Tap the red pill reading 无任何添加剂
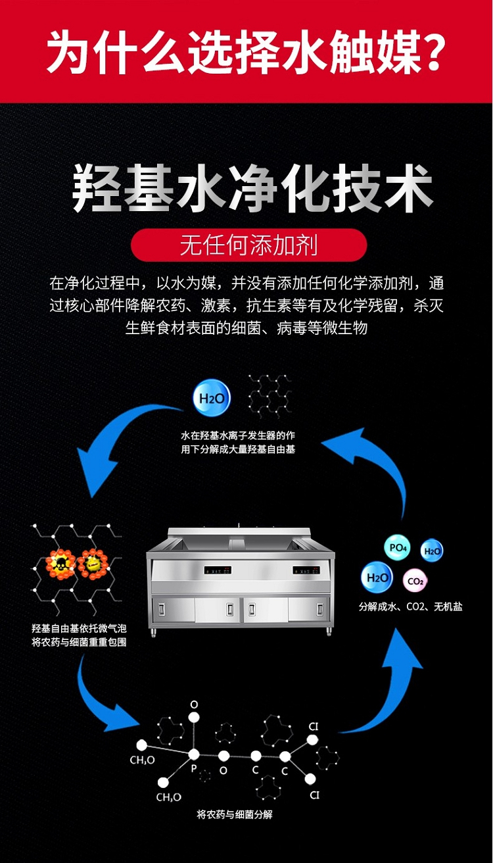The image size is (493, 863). pos(249,245)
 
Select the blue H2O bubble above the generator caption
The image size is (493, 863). pos(211,398)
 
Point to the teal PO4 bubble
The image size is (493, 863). pos(398,547)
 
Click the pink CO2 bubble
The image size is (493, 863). pos(415,580)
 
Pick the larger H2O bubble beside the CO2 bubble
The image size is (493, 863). pos(377,578)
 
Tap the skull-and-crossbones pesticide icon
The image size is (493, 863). pos(60,564)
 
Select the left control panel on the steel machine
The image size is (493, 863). pos(218,570)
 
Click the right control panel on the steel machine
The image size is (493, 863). pos(306,570)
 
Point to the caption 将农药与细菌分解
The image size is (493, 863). pos(235,814)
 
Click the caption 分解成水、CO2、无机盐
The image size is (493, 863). pos(410,606)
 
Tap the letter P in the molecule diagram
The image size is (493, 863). pos(194,768)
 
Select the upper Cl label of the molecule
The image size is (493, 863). pos(314,727)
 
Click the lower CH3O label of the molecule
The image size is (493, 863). pos(169,797)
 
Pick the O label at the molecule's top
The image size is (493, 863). pos(194,704)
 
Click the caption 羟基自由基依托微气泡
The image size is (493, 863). pos(79,628)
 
